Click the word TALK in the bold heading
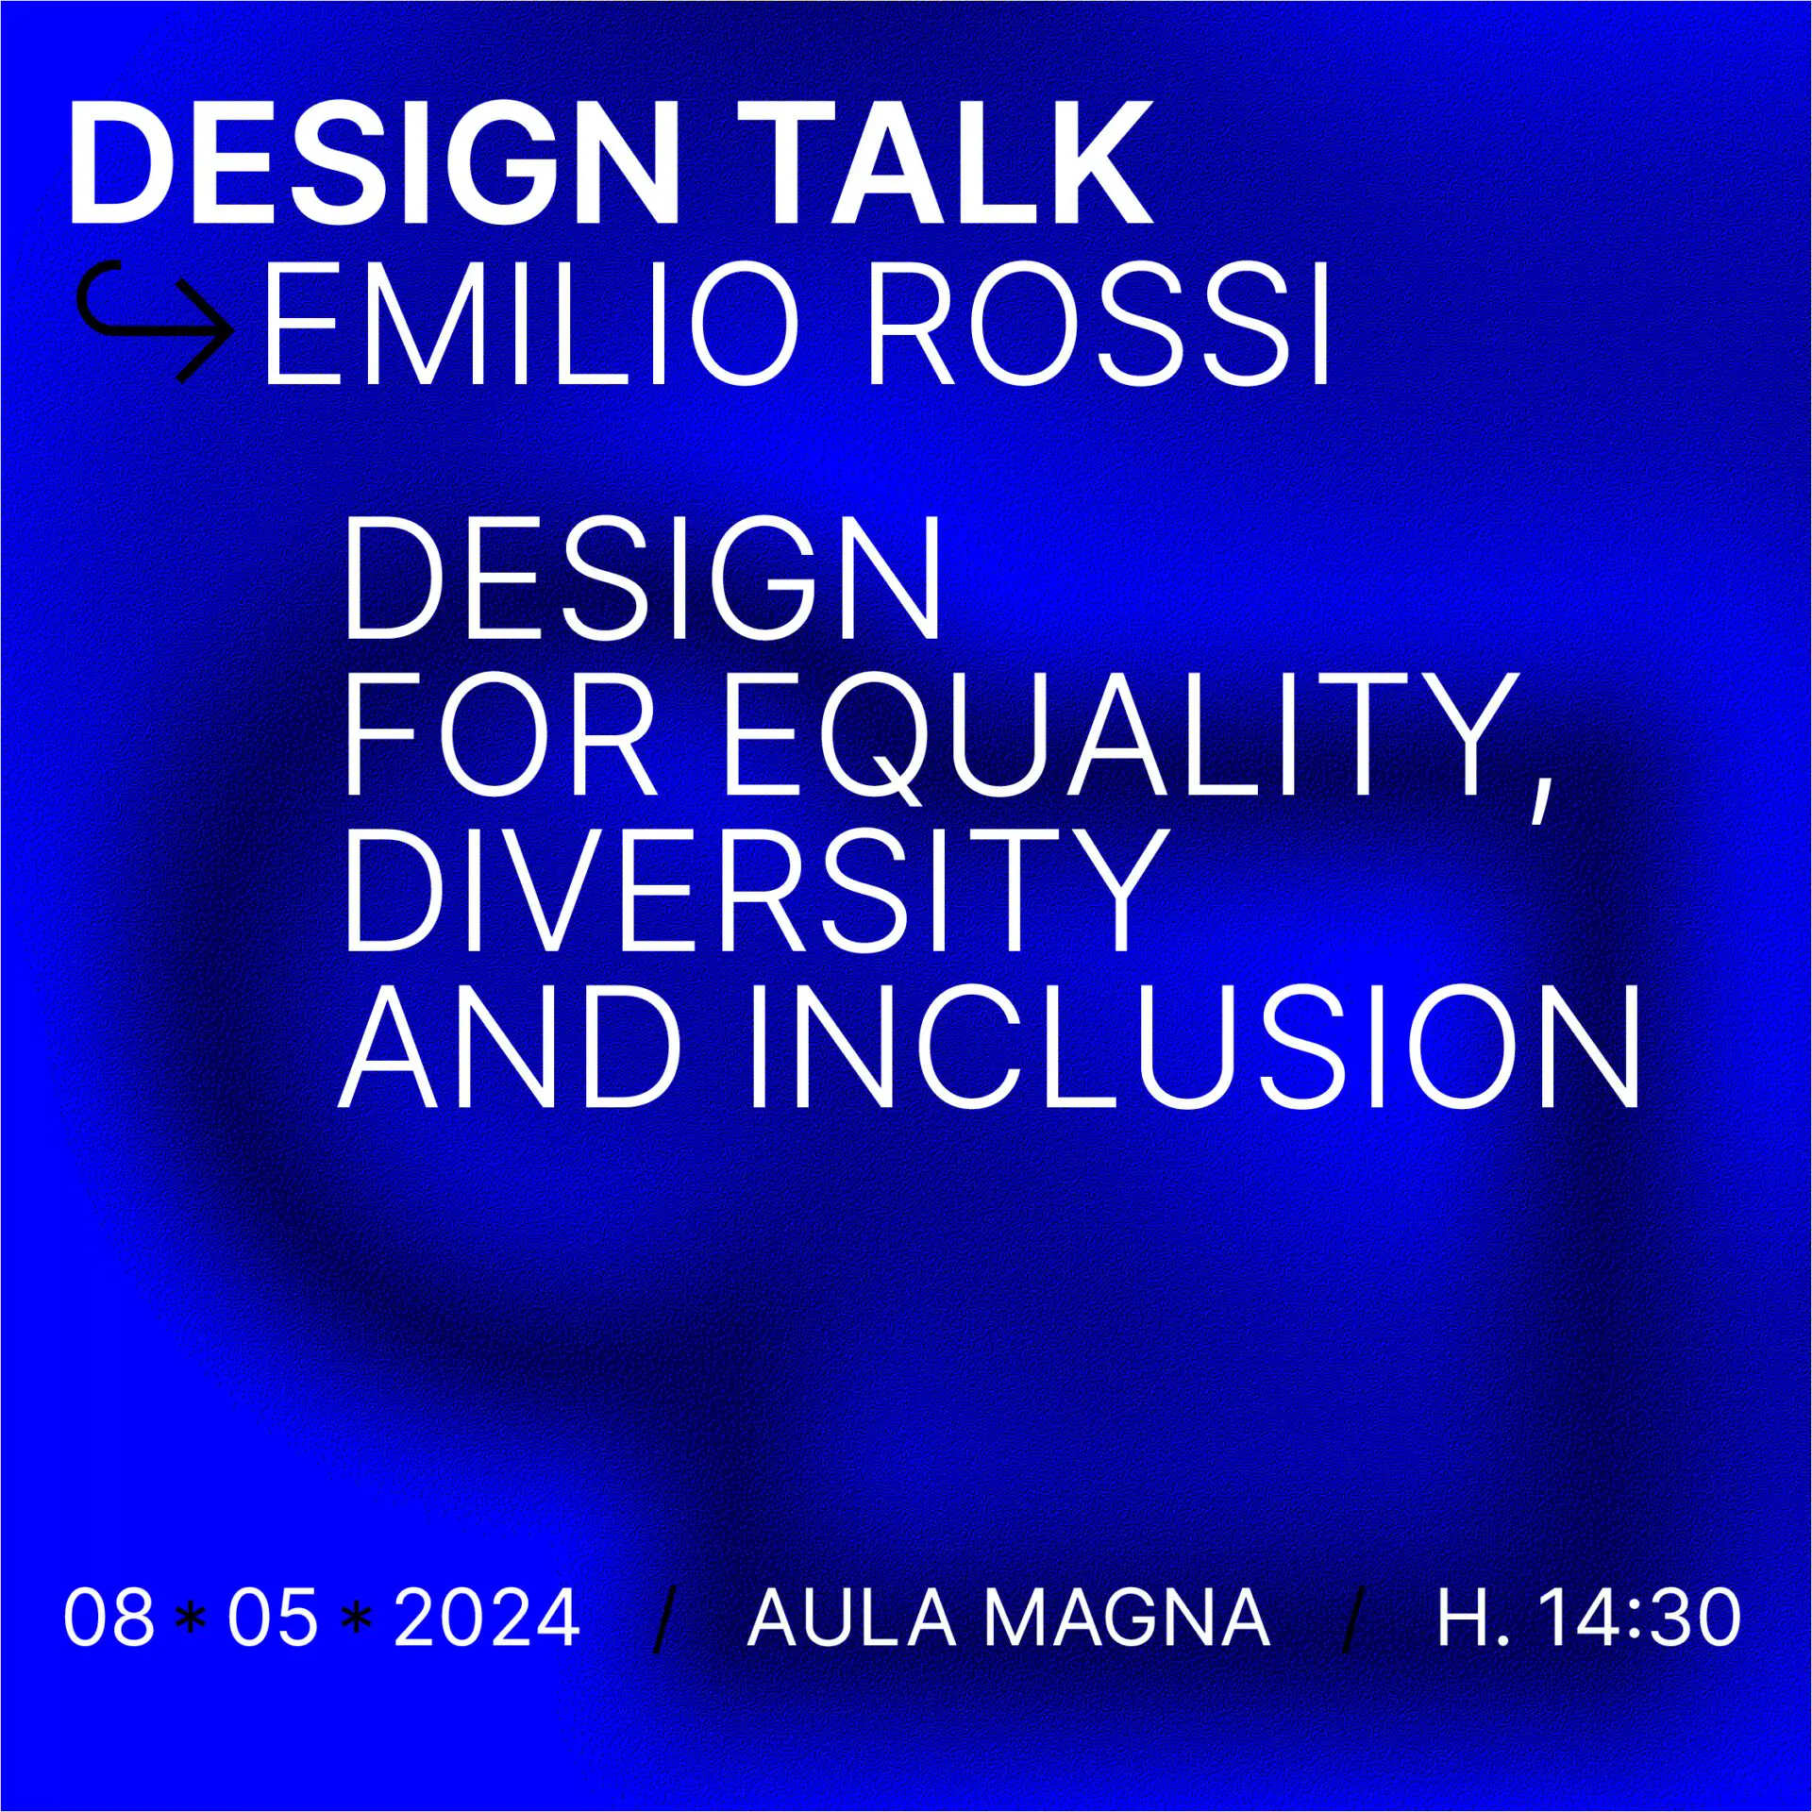coord(946,162)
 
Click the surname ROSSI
coord(1099,325)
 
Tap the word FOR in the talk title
coord(501,734)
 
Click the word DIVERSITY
coord(753,890)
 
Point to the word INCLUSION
coord(1195,1046)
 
